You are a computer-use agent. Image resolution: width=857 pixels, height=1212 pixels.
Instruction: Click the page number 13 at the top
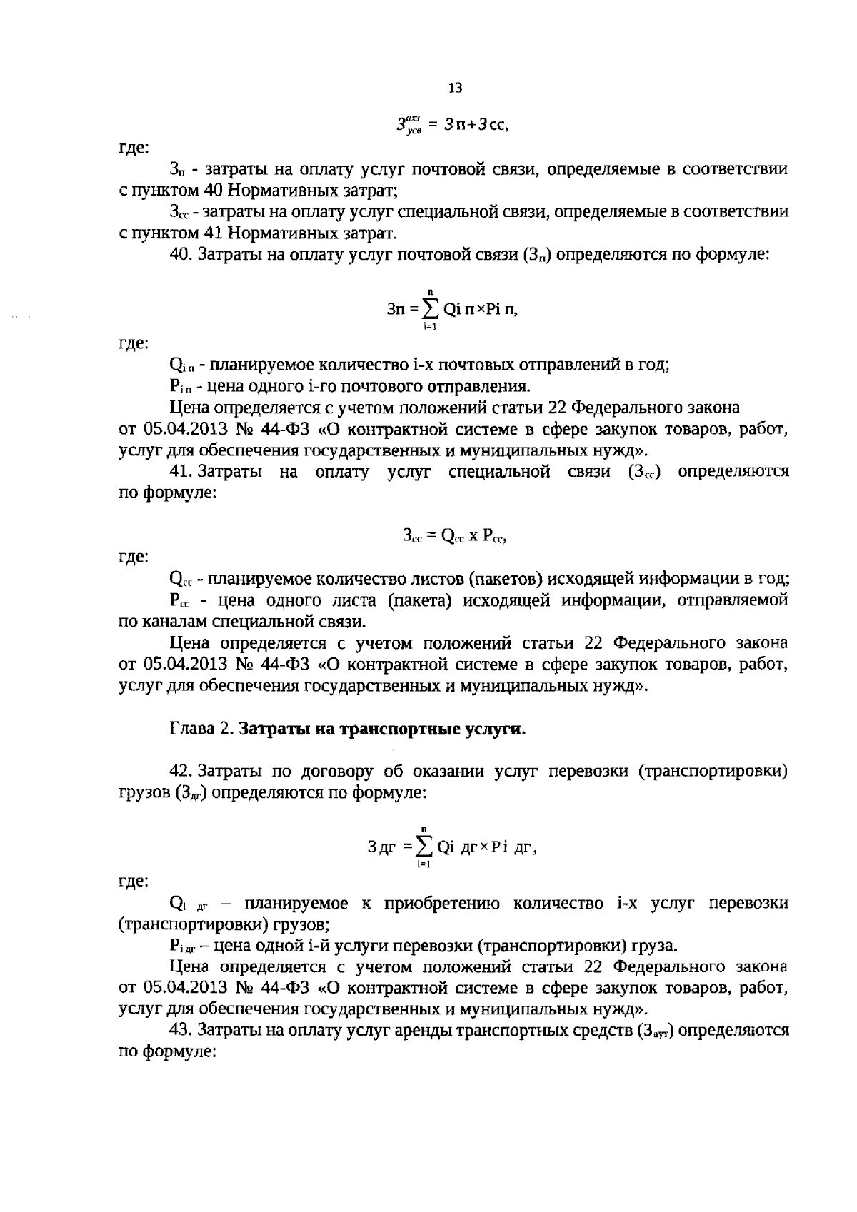click(455, 88)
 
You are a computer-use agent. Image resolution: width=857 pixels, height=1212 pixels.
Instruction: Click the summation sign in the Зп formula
click(430, 309)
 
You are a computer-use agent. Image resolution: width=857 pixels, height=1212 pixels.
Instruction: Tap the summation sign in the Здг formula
click(424, 847)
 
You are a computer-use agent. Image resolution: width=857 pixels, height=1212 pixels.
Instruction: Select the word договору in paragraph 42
click(340, 772)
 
